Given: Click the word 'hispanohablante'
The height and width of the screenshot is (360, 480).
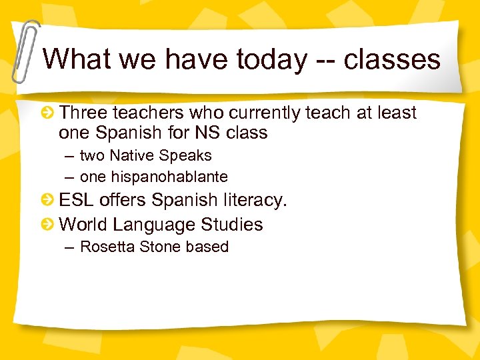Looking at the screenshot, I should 154,177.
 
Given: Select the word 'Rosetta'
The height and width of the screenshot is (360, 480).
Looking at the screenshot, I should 105,247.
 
